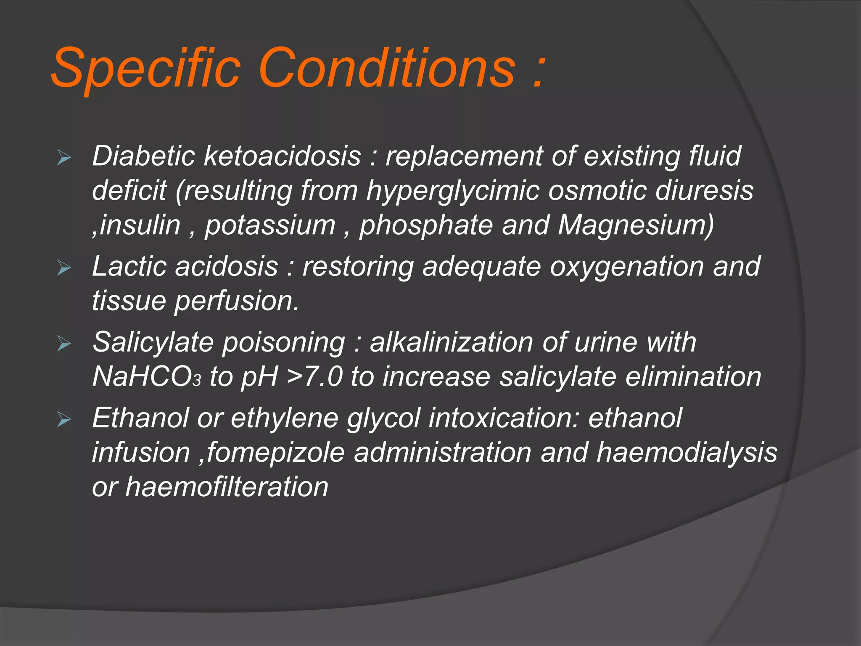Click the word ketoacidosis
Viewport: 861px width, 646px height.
[x=283, y=156]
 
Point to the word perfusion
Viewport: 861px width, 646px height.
[x=237, y=301]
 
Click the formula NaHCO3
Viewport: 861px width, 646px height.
[x=146, y=376]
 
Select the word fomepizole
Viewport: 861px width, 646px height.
[x=276, y=453]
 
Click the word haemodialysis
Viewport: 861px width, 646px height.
[x=687, y=453]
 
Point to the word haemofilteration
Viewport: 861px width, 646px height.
[x=227, y=487]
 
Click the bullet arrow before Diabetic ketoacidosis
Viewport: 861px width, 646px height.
[x=64, y=159]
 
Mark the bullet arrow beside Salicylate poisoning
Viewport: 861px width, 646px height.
[x=64, y=344]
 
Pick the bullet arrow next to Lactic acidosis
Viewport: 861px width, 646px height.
[x=64, y=268]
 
